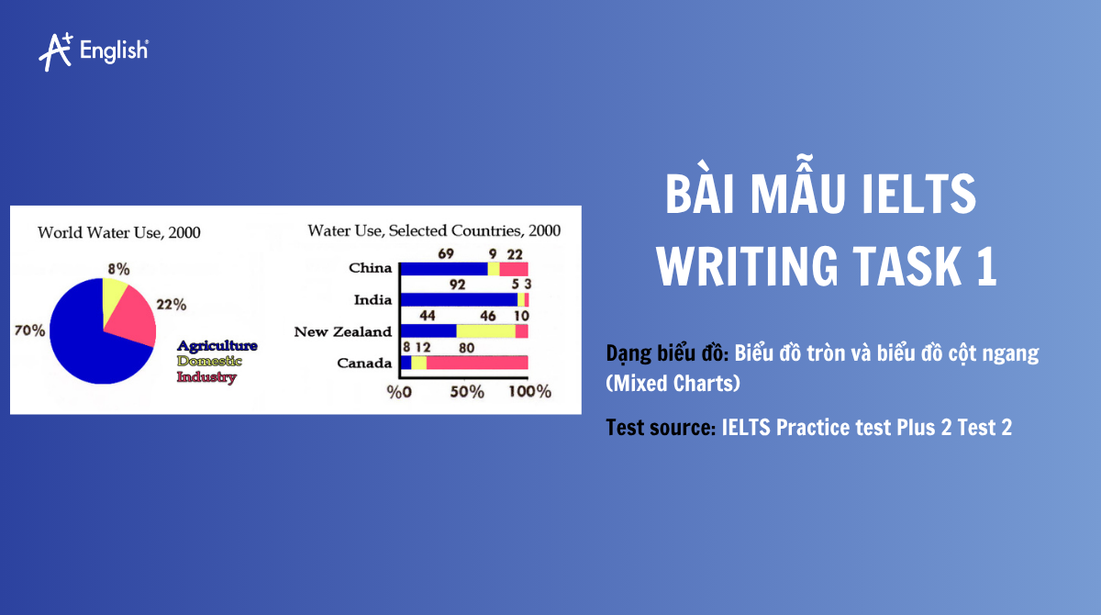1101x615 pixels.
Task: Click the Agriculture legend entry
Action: pyautogui.click(x=217, y=346)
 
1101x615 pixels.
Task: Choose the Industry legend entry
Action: pyautogui.click(x=206, y=376)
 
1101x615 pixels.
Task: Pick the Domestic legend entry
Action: pyautogui.click(x=209, y=361)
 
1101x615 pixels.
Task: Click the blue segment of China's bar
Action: pyautogui.click(x=444, y=268)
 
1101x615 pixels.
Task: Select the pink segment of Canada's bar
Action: pyautogui.click(x=477, y=363)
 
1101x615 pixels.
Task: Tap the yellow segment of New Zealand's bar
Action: pyautogui.click(x=485, y=330)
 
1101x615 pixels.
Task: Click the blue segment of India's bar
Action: pyautogui.click(x=459, y=299)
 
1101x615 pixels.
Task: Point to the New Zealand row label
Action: pyautogui.click(x=342, y=331)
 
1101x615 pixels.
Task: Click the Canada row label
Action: pyautogui.click(x=364, y=363)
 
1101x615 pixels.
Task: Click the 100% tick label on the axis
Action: pyautogui.click(x=529, y=392)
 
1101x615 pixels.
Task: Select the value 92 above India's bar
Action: pyautogui.click(x=457, y=285)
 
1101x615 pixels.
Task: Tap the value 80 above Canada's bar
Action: pyautogui.click(x=466, y=347)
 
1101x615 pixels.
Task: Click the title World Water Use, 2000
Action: pyautogui.click(x=118, y=232)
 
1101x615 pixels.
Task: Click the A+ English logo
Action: pyautogui.click(x=93, y=50)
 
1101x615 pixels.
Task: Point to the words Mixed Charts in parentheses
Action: pyautogui.click(x=673, y=384)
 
